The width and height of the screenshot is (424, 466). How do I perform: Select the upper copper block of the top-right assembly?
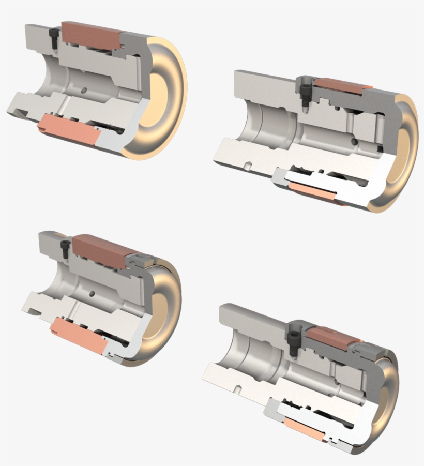coord(339,86)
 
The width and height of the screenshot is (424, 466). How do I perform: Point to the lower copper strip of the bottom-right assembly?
coord(305,429)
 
